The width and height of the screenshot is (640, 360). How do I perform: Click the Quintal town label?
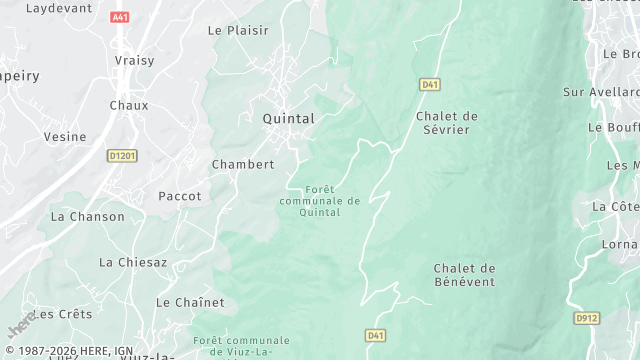[x=288, y=118]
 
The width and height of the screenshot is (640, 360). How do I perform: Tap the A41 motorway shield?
[x=121, y=17]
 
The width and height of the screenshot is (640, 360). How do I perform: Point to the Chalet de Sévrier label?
[x=447, y=123]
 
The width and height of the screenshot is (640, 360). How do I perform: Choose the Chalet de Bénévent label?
[x=464, y=275]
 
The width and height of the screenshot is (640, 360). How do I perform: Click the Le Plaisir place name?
[x=238, y=30]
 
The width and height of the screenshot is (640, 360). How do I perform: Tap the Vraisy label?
[x=134, y=60]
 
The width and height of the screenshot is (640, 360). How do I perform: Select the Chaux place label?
[x=129, y=104]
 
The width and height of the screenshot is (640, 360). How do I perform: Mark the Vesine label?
[x=64, y=137]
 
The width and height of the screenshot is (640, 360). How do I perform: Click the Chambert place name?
[x=243, y=164]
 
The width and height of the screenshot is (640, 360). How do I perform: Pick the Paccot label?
[x=180, y=196]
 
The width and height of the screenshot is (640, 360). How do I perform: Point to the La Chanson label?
[x=88, y=216]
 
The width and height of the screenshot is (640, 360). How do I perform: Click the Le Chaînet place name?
[x=190, y=302]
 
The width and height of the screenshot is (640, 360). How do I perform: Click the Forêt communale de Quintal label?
[x=320, y=200]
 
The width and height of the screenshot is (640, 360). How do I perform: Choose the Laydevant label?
[x=58, y=7]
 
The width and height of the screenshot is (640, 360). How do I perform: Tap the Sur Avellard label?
[x=601, y=92]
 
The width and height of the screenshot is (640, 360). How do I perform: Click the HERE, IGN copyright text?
[x=70, y=351]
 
